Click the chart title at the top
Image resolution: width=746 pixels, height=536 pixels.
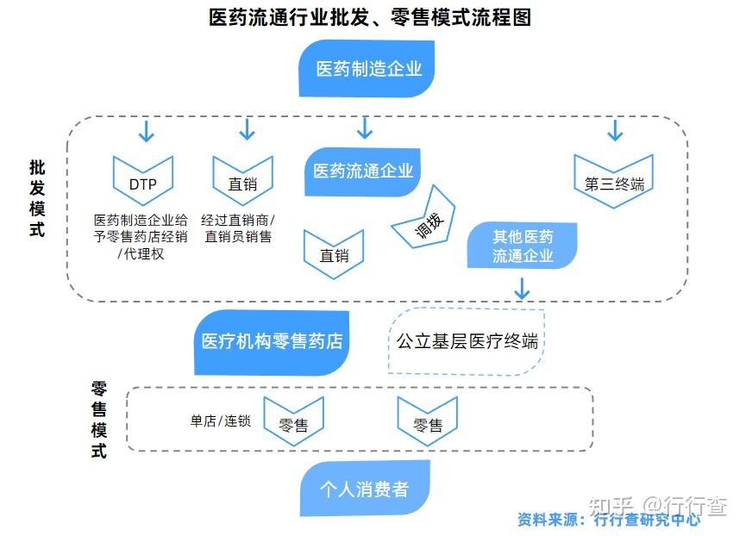tap(370, 17)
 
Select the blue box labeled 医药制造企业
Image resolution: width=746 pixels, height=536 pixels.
tap(367, 68)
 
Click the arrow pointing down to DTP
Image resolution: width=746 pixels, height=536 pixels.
tap(146, 131)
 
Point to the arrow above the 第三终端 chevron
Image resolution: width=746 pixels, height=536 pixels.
tap(615, 130)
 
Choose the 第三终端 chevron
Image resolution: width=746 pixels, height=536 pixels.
tap(614, 181)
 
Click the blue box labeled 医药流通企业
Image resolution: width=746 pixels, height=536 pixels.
tap(362, 171)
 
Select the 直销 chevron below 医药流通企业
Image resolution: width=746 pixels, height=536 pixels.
tap(334, 254)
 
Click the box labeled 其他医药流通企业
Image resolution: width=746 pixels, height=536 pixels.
tap(522, 246)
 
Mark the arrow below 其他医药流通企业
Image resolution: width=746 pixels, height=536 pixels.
tap(522, 289)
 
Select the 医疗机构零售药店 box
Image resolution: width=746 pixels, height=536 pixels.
tap(272, 343)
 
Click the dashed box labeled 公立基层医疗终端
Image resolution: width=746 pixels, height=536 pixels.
tap(467, 341)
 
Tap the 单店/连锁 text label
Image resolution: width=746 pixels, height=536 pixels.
tap(220, 421)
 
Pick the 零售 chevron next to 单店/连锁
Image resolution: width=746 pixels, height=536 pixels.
tap(293, 421)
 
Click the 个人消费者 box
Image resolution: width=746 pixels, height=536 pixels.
tap(365, 488)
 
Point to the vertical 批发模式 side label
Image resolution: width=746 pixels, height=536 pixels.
tap(37, 198)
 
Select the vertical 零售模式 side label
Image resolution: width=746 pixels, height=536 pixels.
tap(99, 420)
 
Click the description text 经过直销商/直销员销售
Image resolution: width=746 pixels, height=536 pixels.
tap(238, 228)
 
